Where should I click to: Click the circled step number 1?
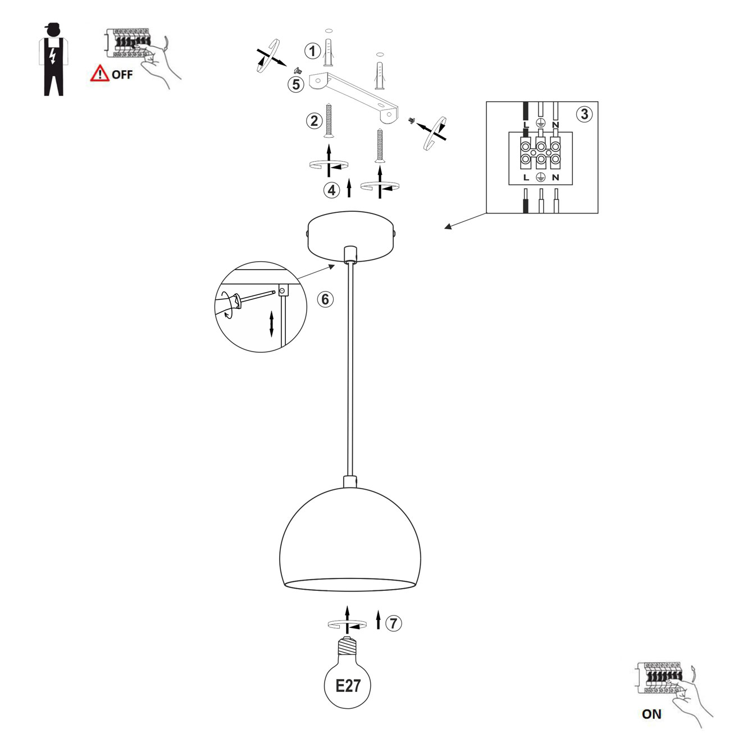(x=312, y=51)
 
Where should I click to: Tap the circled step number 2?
(x=314, y=121)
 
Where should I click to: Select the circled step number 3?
(x=585, y=114)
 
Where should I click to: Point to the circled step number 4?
(x=331, y=190)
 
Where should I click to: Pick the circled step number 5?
(x=296, y=85)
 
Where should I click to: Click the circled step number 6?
(x=325, y=299)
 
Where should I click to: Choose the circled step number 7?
(x=394, y=623)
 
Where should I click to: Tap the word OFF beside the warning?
(x=122, y=75)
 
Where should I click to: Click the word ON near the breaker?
(x=652, y=714)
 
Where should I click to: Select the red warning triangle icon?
(x=99, y=73)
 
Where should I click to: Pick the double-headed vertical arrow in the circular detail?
(x=271, y=324)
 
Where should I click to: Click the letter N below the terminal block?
(x=555, y=177)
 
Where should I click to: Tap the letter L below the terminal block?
(x=526, y=177)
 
